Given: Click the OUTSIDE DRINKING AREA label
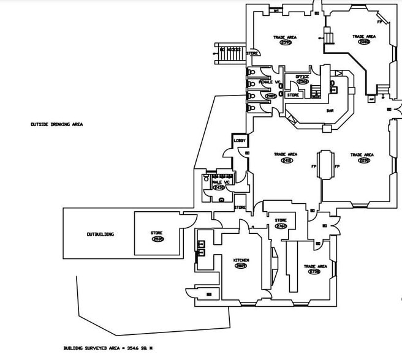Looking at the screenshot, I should (x=57, y=124).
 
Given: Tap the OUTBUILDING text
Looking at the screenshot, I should (x=100, y=234).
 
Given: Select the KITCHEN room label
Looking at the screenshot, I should (x=241, y=260).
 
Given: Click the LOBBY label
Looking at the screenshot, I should (x=240, y=141).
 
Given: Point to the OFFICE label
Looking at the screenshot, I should (x=302, y=76).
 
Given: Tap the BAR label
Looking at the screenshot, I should (x=330, y=111).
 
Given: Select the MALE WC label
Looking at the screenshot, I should (x=220, y=182).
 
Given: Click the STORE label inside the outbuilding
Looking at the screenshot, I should (x=157, y=233).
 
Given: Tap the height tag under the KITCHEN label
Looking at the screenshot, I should (x=241, y=266).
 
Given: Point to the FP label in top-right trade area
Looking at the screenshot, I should (x=380, y=22).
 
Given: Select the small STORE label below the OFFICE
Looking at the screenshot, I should (x=294, y=95).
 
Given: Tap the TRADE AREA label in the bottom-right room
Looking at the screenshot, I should (x=315, y=266).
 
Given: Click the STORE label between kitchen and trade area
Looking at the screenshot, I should (x=281, y=220).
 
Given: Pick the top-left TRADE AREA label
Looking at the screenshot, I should (x=285, y=37).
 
